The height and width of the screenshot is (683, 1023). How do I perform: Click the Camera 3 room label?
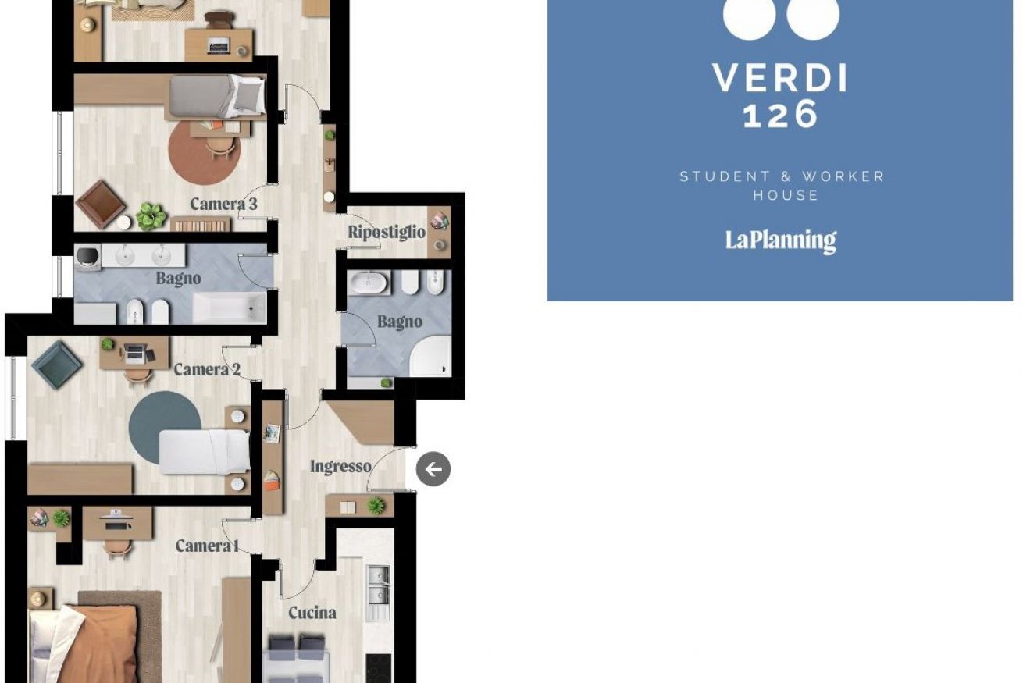[223, 204]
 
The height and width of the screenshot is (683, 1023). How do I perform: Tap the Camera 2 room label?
[207, 369]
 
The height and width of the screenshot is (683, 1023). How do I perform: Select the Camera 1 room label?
[208, 546]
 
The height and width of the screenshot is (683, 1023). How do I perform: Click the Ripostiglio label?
[387, 232]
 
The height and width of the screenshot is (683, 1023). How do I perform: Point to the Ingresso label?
[340, 467]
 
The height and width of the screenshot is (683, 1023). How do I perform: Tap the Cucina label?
[312, 613]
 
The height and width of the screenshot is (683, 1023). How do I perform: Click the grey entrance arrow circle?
[433, 469]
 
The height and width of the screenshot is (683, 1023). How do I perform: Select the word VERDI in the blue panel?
[779, 78]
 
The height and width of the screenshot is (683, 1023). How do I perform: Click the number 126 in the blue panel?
[780, 114]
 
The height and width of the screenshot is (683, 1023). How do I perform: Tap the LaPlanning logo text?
[781, 240]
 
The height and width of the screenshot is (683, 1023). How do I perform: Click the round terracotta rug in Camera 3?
[205, 152]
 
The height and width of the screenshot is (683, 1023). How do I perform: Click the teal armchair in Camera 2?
[57, 365]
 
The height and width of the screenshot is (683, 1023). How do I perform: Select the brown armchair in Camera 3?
[101, 204]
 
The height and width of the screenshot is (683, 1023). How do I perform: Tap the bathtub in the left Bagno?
[230, 308]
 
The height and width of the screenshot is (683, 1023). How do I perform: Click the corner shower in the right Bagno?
[430, 357]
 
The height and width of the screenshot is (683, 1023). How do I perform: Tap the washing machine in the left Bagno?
[88, 258]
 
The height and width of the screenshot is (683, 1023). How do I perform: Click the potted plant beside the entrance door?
[376, 505]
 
